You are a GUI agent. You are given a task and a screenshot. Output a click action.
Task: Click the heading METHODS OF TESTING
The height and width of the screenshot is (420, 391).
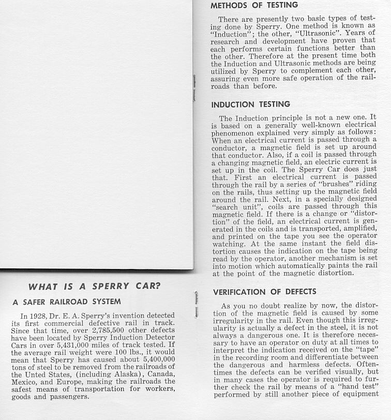(x=254, y=5)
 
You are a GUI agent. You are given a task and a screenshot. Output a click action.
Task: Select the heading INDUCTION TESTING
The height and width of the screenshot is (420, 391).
(x=250, y=104)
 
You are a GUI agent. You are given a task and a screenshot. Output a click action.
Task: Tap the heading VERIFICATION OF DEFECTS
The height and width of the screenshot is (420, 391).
(x=264, y=292)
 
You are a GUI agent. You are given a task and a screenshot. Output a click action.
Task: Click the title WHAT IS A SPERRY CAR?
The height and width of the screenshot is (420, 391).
(x=95, y=287)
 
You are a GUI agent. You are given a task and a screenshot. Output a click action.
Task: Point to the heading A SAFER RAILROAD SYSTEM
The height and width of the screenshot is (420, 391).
(x=67, y=302)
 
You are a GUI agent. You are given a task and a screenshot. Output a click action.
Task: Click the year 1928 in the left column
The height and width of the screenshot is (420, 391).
(x=40, y=316)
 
